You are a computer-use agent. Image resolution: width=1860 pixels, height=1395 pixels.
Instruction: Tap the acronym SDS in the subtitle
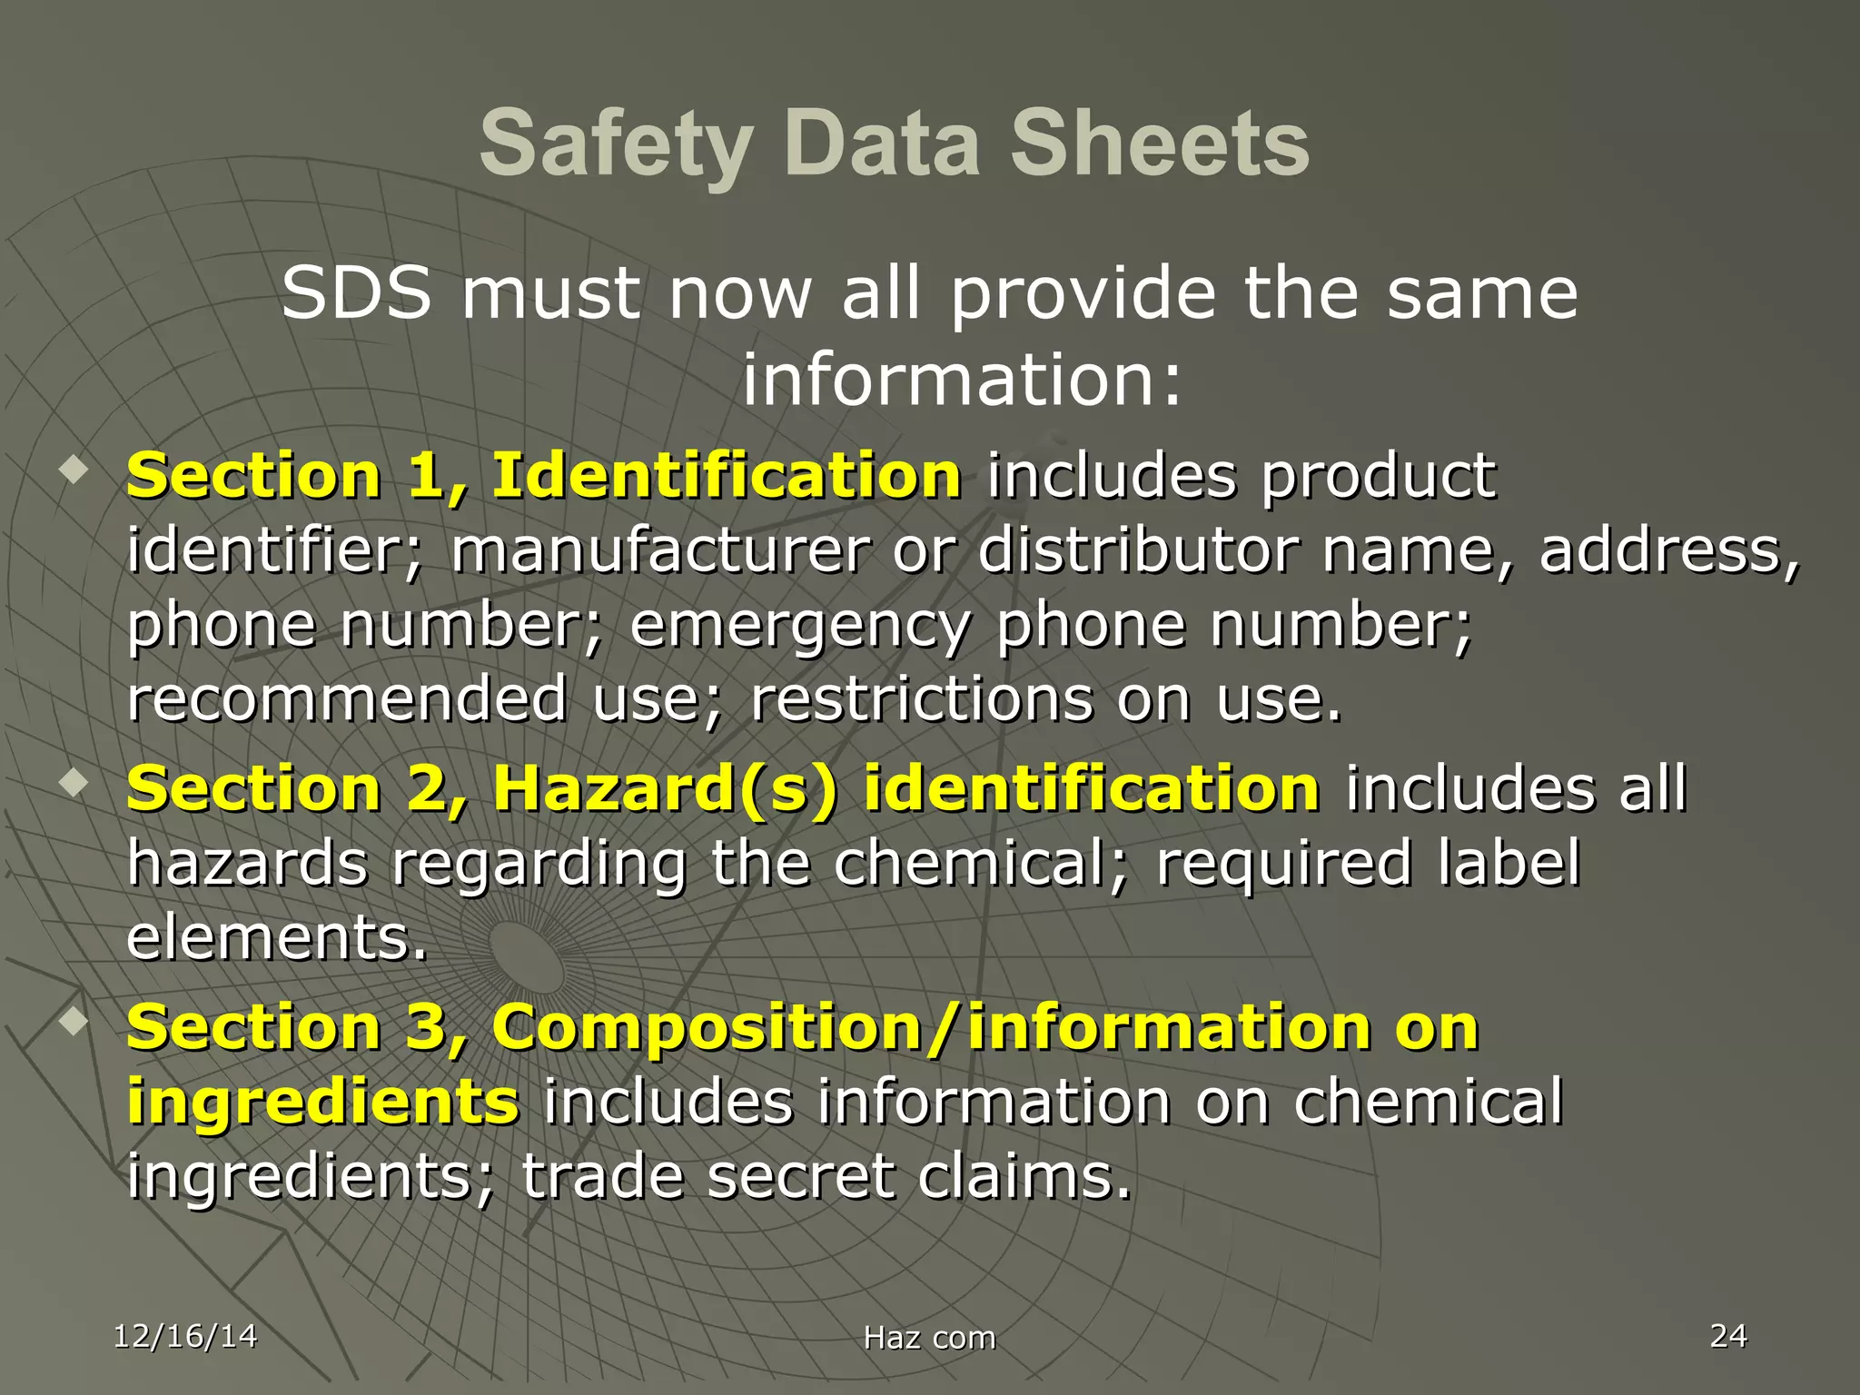[356, 293]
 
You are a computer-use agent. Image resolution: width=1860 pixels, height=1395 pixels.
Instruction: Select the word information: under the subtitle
[963, 379]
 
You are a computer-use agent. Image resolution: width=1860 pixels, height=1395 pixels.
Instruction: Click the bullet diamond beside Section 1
[73, 470]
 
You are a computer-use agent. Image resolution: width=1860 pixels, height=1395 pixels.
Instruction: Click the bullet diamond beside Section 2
[73, 781]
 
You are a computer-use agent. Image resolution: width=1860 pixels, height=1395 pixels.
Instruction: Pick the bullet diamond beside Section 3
[73, 1020]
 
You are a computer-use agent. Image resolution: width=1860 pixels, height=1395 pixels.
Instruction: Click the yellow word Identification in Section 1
[727, 475]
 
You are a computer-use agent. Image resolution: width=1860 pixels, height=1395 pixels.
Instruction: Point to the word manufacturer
[660, 550]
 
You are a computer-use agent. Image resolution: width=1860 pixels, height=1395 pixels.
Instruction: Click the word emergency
[800, 626]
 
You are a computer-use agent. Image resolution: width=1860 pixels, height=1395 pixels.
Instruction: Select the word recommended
[347, 699]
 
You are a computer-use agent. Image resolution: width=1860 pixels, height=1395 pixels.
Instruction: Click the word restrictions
[922, 699]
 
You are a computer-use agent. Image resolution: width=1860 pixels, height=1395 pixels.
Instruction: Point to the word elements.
[276, 937]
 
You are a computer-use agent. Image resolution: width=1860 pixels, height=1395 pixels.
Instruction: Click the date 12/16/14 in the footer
[185, 1336]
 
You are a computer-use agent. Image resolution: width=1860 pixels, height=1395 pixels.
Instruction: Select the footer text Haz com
[929, 1338]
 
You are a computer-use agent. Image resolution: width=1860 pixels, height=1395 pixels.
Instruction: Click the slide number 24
[1728, 1335]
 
